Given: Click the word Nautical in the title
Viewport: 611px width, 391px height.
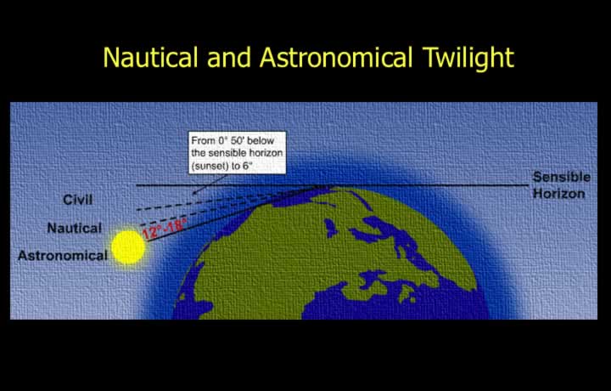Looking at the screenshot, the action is pyautogui.click(x=151, y=57).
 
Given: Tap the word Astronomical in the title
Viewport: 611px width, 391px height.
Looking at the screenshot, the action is pyautogui.click(x=335, y=57).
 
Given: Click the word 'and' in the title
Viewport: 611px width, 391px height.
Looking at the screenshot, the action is pyautogui.click(x=229, y=57).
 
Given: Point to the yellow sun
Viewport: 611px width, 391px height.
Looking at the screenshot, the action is pyautogui.click(x=128, y=247).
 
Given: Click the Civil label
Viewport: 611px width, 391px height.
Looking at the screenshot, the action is pyautogui.click(x=78, y=200).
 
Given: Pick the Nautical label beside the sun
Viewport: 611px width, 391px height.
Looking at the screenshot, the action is pyautogui.click(x=75, y=228).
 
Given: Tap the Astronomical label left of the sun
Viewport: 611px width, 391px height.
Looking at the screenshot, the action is pyautogui.click(x=63, y=256).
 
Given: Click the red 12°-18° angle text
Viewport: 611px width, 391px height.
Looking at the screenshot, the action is pyautogui.click(x=164, y=229).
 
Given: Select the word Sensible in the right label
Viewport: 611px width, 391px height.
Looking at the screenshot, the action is pyautogui.click(x=562, y=177).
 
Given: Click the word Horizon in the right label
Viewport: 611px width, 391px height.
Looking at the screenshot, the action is pyautogui.click(x=558, y=194).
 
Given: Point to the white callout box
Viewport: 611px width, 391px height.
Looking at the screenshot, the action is pyautogui.click(x=238, y=153).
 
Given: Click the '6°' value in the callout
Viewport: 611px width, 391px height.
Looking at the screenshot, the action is pyautogui.click(x=248, y=166).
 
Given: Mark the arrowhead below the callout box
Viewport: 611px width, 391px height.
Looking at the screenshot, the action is pyautogui.click(x=195, y=191).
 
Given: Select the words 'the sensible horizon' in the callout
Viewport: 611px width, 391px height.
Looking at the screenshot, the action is pyautogui.click(x=237, y=153).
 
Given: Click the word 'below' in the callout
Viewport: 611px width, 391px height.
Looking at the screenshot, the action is pyautogui.click(x=261, y=140).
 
